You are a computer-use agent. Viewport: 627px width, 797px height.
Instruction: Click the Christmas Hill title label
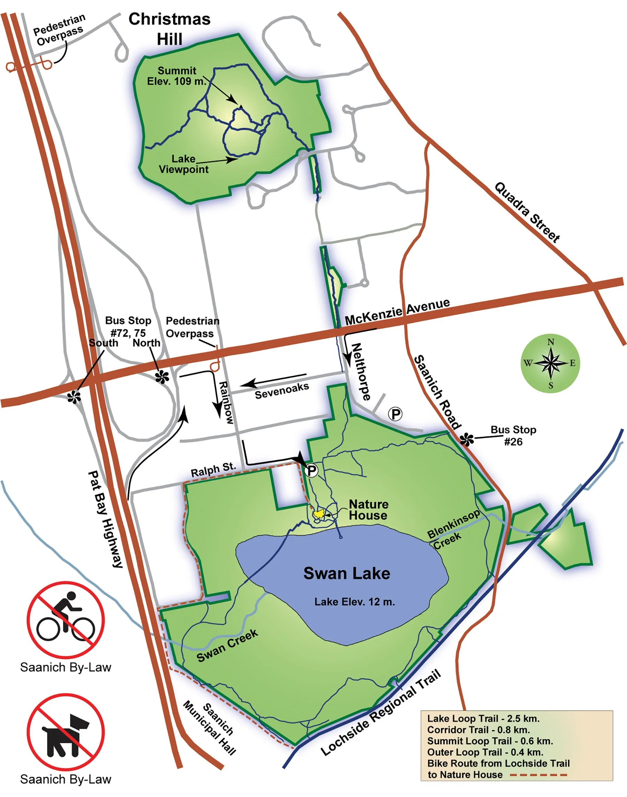click(x=169, y=29)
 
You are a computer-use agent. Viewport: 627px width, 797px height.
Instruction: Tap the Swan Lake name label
click(x=347, y=573)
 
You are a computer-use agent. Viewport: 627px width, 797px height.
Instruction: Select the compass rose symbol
click(x=550, y=363)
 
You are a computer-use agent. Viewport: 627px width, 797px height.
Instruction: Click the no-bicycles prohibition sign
click(x=66, y=620)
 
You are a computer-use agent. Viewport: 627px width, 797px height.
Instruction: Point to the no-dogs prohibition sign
click(x=66, y=732)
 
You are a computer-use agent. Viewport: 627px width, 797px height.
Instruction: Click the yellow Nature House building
click(x=318, y=513)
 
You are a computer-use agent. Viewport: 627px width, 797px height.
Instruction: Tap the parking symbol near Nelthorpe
click(x=395, y=414)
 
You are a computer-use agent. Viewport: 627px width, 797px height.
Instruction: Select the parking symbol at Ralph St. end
click(x=311, y=470)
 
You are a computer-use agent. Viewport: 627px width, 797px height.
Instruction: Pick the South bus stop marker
click(x=74, y=397)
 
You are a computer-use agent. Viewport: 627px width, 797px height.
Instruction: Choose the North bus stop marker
click(x=162, y=377)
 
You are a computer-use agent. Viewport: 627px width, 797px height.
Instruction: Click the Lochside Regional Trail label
click(x=381, y=713)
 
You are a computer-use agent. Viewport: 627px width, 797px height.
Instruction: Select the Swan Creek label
click(x=227, y=645)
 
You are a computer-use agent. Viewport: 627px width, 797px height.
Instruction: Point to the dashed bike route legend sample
click(x=539, y=775)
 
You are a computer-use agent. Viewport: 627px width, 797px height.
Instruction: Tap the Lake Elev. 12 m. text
click(x=354, y=602)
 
